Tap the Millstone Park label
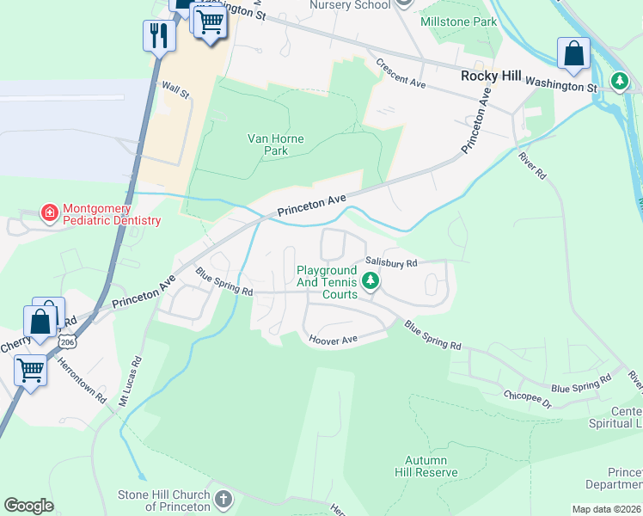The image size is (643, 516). [459, 20]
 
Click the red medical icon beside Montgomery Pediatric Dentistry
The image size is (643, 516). [50, 212]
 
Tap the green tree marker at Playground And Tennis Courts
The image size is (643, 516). [370, 280]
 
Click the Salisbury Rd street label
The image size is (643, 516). [391, 262]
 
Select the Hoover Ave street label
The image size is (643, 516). [333, 340]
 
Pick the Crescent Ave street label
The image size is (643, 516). [401, 73]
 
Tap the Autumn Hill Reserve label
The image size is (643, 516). [426, 466]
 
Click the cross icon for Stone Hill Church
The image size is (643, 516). [223, 499]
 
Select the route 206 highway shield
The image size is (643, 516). [66, 341]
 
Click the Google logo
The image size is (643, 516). [28, 506]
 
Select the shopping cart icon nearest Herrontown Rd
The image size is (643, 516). [31, 371]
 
